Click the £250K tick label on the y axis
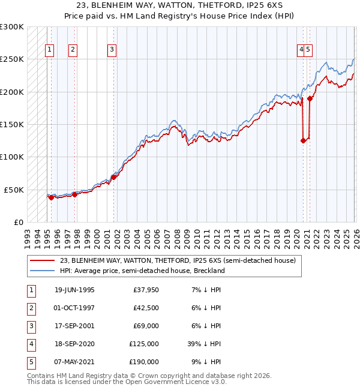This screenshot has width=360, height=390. click(x=12, y=59)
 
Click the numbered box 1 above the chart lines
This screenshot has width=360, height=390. click(x=49, y=50)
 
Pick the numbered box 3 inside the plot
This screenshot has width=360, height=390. click(x=112, y=50)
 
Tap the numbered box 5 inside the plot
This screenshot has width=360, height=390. click(x=308, y=50)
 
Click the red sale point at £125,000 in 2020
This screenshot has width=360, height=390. click(x=303, y=141)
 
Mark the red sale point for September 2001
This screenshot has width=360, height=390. click(x=113, y=177)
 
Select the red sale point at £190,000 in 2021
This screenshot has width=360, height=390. click(x=310, y=98)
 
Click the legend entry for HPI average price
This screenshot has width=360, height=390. click(x=142, y=271)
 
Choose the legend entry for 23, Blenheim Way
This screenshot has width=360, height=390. click(x=178, y=260)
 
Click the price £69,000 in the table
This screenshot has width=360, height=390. click(x=146, y=326)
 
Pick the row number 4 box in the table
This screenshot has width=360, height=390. click(x=30, y=344)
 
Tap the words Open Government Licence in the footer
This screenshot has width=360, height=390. click(x=172, y=382)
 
